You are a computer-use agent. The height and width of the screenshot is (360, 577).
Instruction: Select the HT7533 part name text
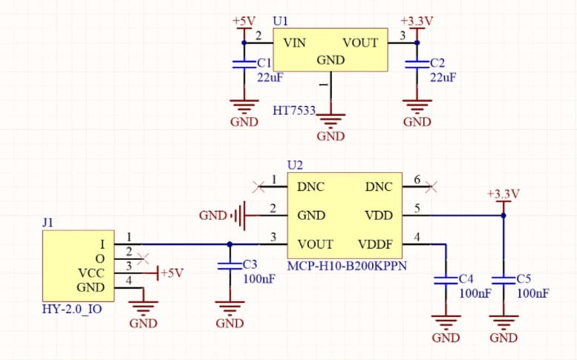click(294, 110)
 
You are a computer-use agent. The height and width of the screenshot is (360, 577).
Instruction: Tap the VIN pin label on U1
click(295, 43)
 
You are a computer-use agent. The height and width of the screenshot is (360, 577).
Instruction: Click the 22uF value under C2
click(443, 77)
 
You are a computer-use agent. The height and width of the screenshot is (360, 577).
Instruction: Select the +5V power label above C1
click(243, 21)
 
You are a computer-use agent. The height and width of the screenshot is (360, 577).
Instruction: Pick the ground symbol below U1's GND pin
click(330, 120)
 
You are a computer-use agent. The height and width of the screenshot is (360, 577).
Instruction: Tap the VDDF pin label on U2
click(375, 243)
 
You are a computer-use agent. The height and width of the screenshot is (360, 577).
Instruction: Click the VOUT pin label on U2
click(315, 243)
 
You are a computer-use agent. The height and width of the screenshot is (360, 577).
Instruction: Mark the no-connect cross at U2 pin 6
click(431, 186)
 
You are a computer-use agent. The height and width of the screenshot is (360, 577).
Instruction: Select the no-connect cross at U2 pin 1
click(257, 186)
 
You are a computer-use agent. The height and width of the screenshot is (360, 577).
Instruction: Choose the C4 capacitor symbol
click(446, 281)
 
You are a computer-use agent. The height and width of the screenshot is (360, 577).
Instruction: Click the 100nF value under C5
click(533, 293)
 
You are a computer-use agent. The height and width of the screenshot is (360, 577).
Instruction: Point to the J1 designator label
click(48, 222)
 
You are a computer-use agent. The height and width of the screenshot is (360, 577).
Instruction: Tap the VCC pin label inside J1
click(91, 272)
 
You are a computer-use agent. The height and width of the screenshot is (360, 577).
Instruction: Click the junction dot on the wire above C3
click(229, 243)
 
